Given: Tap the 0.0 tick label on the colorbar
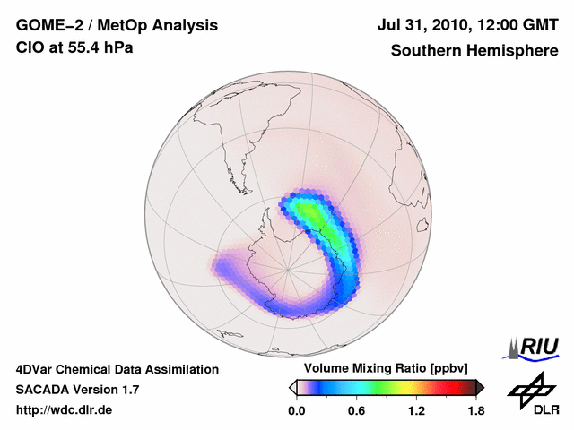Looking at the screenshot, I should (x=296, y=411).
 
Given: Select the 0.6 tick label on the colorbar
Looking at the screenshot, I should (x=356, y=411).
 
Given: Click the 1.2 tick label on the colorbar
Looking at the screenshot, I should (x=415, y=411).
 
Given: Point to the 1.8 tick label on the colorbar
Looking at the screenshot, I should (x=475, y=411).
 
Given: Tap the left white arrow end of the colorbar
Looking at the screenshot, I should (x=292, y=387).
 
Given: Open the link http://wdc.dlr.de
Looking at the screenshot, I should (x=65, y=410).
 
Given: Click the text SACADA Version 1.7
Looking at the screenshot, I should (x=77, y=390).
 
